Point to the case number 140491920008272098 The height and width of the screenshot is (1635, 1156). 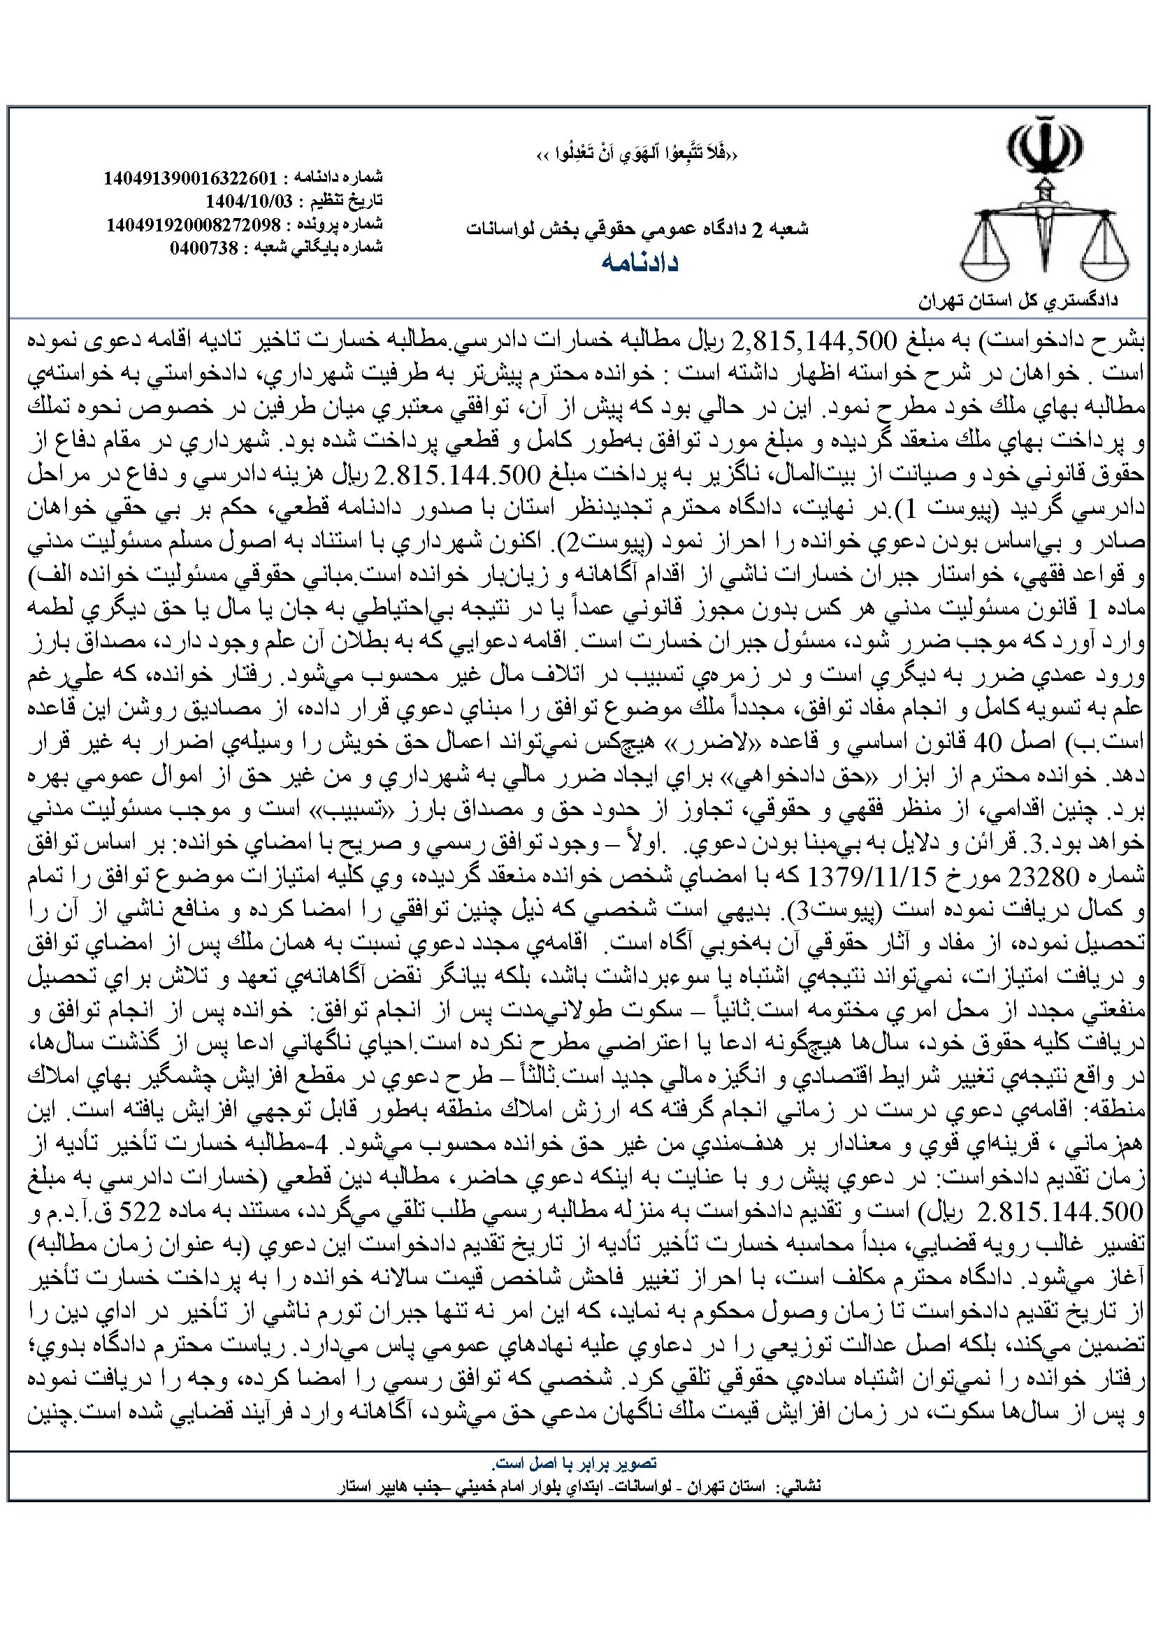(x=193, y=224)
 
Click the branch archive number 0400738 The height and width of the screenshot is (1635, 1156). (x=206, y=248)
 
